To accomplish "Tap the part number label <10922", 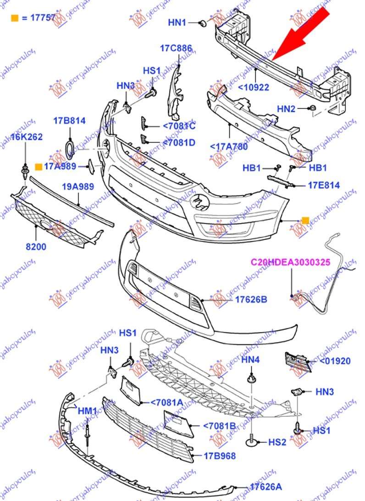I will (254, 87).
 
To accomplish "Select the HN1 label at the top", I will (177, 22).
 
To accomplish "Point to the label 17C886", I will (176, 48).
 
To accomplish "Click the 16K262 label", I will (27, 136).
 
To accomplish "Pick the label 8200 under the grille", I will (36, 246).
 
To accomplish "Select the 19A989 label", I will (78, 186).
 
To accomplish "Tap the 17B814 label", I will (69, 121).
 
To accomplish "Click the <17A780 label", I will (228, 147).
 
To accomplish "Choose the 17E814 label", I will (324, 185).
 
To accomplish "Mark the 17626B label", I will (251, 300).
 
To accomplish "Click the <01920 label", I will (335, 361).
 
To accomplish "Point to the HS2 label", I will (277, 442).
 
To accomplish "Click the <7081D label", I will (179, 142).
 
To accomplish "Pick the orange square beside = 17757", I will (14, 18).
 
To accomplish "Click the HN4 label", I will (251, 360).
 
